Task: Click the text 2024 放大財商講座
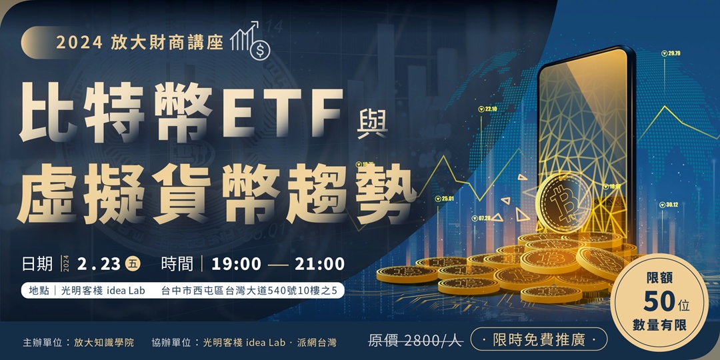(x=139, y=42)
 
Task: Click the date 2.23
(x=98, y=263)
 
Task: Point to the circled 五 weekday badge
(x=133, y=263)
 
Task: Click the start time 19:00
(x=236, y=263)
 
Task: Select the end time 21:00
(x=319, y=263)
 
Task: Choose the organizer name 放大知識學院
(x=104, y=342)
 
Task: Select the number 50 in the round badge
(x=660, y=301)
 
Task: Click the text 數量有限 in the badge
(x=659, y=325)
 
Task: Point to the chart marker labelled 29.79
(x=670, y=53)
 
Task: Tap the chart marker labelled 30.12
(x=667, y=205)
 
